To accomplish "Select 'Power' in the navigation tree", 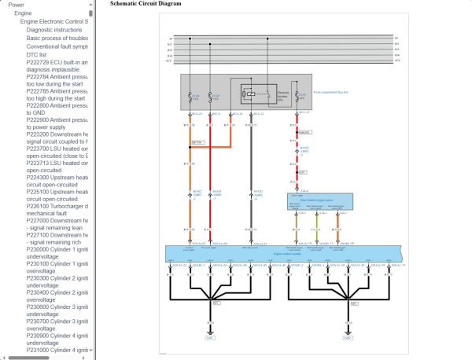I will coord(16,5).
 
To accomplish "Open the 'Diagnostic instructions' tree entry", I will coord(53,29).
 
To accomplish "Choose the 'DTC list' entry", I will coord(38,54).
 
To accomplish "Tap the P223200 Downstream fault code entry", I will coord(57,134).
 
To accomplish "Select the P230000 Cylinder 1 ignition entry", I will coord(57,249).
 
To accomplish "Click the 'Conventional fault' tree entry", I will coord(57,46).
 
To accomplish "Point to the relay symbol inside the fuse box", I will coord(249,94).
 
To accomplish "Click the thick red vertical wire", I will coord(212,181).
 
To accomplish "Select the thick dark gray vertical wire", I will coord(250,181).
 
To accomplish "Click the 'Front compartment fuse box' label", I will coord(331,93).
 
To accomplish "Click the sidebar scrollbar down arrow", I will coord(90,351).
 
